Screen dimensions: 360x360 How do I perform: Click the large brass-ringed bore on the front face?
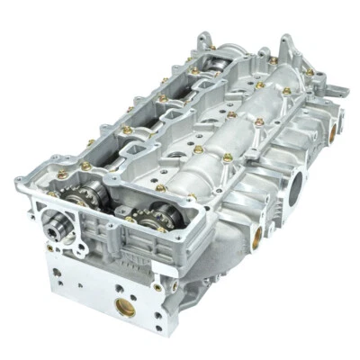(125, 307)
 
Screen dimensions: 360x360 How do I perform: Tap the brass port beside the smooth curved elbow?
(257, 235)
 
